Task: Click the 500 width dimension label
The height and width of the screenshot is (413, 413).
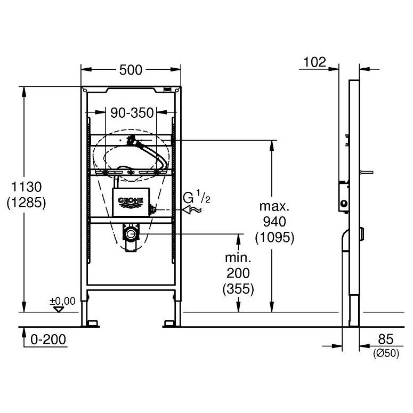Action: (x=131, y=70)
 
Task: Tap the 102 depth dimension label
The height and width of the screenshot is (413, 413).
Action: (x=315, y=62)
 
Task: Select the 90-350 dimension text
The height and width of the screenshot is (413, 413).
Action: (x=132, y=113)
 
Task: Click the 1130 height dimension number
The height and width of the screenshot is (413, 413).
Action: (x=27, y=187)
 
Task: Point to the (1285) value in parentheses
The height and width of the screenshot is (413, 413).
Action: (x=26, y=203)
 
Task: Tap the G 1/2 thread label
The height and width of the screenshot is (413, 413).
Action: (x=197, y=198)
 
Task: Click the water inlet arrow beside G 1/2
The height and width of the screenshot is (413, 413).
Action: (x=192, y=210)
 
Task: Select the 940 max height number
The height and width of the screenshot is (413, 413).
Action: (x=274, y=222)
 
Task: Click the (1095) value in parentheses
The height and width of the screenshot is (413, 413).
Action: (x=274, y=238)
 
